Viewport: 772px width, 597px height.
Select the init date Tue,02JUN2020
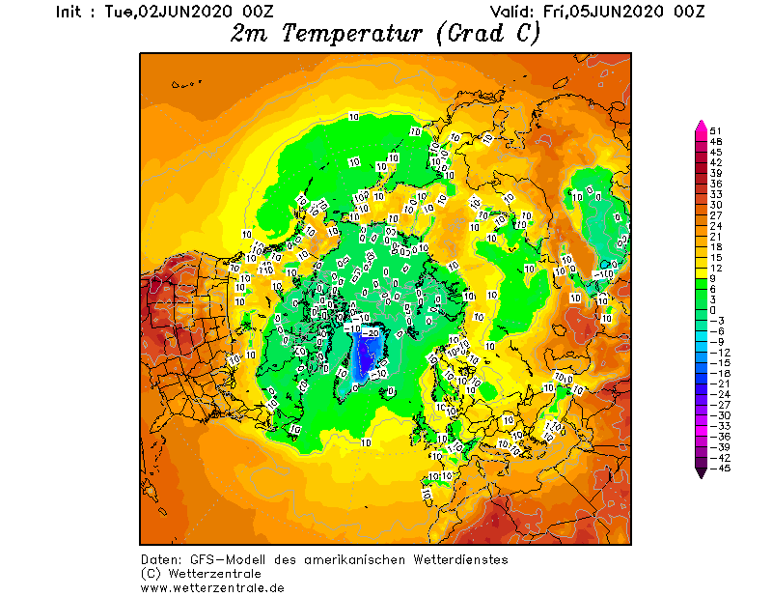coord(167,12)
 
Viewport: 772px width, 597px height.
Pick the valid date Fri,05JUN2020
coord(609,12)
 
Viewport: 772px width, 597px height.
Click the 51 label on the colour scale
coord(716,130)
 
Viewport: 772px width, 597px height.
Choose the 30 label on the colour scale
coord(716,205)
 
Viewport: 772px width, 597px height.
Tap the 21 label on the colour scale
coord(716,237)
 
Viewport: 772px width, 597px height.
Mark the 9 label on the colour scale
coord(713,278)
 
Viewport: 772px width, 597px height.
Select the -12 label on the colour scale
coord(718,353)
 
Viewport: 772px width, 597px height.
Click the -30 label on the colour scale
coord(718,416)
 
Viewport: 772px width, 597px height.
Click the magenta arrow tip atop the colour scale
coord(701,125)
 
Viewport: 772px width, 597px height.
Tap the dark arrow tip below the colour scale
coord(701,473)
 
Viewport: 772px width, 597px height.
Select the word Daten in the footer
coord(159,560)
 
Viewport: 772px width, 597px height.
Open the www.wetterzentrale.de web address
coord(212,586)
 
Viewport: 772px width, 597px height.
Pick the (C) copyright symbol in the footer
coord(150,574)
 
